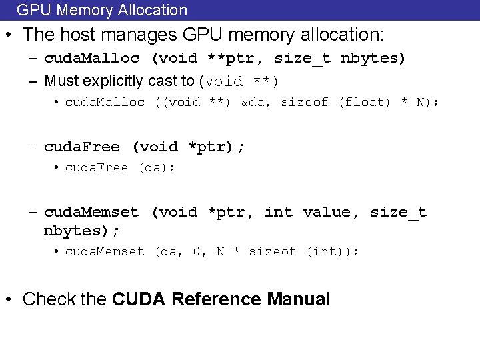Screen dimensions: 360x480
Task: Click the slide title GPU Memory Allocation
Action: point(102,10)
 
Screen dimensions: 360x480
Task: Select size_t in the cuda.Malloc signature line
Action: point(302,58)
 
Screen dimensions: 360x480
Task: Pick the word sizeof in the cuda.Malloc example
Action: point(304,102)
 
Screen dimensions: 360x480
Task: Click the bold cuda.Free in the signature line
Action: point(82,147)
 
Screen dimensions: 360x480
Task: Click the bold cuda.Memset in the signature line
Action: point(91,212)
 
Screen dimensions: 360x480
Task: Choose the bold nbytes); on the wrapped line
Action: point(82,231)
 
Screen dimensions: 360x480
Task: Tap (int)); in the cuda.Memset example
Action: point(333,251)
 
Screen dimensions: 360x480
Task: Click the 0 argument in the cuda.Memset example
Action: point(197,251)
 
